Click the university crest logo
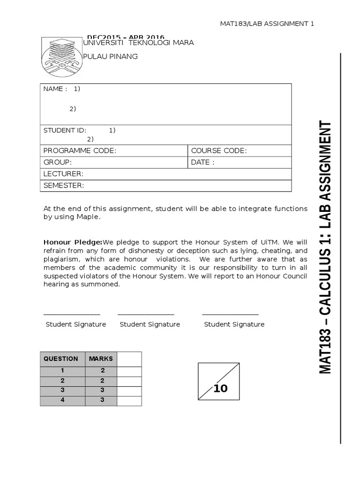click(x=61, y=56)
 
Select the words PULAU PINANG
click(x=110, y=56)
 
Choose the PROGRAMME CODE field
click(x=80, y=150)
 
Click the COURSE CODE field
click(x=218, y=150)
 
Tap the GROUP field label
click(x=57, y=162)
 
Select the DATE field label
click(x=202, y=162)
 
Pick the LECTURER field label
click(x=63, y=174)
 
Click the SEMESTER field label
click(x=64, y=186)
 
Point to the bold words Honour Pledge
click(x=73, y=242)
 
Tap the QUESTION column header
click(x=61, y=359)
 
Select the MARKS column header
click(x=101, y=359)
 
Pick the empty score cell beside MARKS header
click(x=129, y=359)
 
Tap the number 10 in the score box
click(x=220, y=388)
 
